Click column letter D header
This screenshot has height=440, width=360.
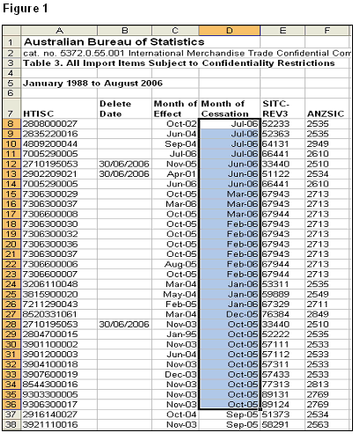point(230,29)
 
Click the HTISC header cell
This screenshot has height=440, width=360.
point(40,113)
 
